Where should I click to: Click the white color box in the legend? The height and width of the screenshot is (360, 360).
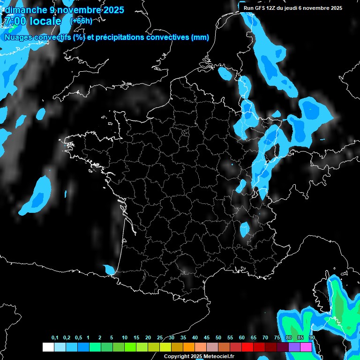pyautogui.click(x=48, y=347)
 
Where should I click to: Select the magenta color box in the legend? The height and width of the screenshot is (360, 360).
pyautogui.click(x=306, y=347)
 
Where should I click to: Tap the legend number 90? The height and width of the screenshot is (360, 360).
pyautogui.click(x=312, y=338)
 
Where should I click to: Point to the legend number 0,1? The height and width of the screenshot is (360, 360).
pyautogui.click(x=55, y=338)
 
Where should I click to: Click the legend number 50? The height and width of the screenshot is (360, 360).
pyautogui.click(x=218, y=338)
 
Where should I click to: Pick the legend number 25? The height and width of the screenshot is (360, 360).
pyautogui.click(x=160, y=338)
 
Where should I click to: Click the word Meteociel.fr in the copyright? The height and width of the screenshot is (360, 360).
pyautogui.click(x=219, y=356)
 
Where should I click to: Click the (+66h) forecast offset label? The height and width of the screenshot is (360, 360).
pyautogui.click(x=81, y=21)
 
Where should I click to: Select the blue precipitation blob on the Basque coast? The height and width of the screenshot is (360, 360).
pyautogui.click(x=109, y=270)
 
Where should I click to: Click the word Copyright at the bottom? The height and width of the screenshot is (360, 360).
pyautogui.click(x=177, y=356)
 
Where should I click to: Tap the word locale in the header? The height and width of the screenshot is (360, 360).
pyautogui.click(x=45, y=21)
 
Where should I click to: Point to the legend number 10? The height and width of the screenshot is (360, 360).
pyautogui.click(x=125, y=338)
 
